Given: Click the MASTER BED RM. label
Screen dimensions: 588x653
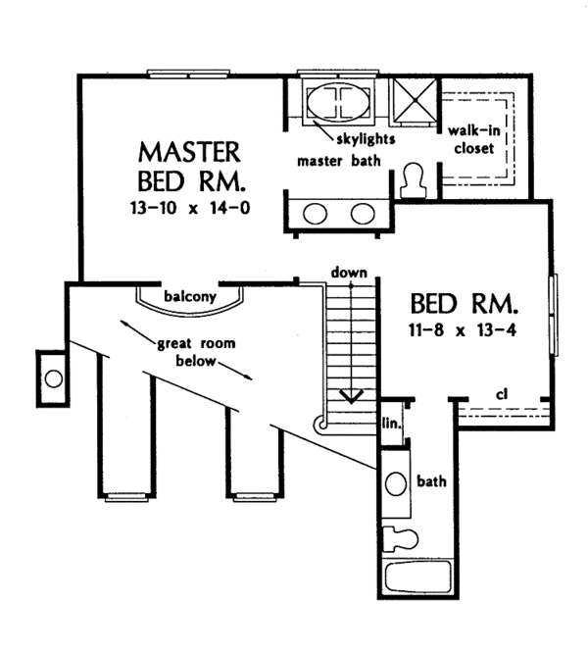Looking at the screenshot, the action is pos(190,167).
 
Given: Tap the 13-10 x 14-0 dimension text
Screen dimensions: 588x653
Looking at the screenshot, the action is pos(190,208).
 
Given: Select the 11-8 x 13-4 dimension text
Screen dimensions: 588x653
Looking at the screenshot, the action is pos(463,330).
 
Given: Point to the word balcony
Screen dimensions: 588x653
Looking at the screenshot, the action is pos(190,296).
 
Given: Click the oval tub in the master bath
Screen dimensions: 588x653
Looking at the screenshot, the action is pos(338,103).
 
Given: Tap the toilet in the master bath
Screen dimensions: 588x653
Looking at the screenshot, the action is pos(413,180).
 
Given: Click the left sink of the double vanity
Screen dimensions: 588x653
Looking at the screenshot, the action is pos(315,214).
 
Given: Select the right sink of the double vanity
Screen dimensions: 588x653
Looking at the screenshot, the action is pos(363,214).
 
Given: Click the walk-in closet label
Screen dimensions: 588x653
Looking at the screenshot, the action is pos(474,139).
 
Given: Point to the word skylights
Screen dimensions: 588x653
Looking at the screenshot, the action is pos(366,138).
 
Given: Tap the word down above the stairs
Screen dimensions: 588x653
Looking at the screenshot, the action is pos(349,273).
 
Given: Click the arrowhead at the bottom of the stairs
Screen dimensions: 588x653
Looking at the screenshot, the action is pos(351,397).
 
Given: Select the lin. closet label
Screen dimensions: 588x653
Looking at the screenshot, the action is pos(392,424).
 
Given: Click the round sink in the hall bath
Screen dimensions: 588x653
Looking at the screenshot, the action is pos(395,484).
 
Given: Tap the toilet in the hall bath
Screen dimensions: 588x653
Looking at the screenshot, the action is pos(400,538).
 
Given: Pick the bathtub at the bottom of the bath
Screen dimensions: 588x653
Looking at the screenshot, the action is pos(418,577).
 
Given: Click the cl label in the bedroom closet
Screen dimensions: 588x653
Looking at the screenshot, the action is pos(503,393).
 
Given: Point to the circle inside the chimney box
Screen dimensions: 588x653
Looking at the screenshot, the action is pos(54,379).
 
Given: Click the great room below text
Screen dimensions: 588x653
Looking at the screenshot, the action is pos(196,352).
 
